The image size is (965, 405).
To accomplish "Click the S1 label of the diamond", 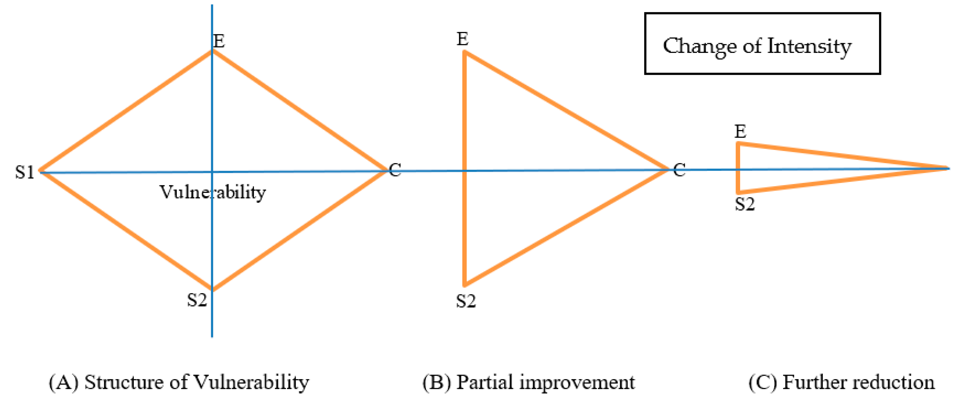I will [25, 172].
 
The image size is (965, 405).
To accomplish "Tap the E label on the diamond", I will [219, 41].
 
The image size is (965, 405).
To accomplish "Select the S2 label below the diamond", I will [197, 300].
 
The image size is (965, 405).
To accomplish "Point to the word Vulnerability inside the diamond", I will [212, 192].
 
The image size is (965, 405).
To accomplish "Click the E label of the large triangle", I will [463, 39].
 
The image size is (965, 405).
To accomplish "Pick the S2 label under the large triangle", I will [466, 301].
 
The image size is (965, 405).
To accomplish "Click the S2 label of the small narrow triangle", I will [745, 204].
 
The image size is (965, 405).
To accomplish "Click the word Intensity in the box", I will [809, 47].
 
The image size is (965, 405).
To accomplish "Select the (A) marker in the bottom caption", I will [64, 383].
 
